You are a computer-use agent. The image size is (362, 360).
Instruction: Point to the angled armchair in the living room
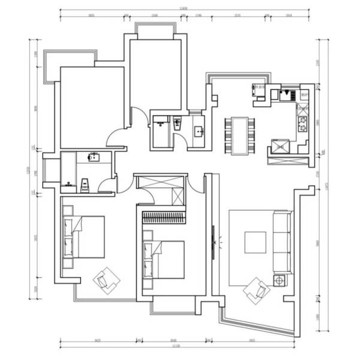257,290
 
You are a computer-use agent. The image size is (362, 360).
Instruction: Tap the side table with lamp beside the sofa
279,280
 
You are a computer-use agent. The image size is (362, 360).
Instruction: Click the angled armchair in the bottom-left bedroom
107,279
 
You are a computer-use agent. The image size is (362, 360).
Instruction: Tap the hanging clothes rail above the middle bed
164,217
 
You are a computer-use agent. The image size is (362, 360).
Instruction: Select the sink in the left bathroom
93,158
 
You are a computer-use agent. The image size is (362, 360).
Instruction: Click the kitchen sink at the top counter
285,94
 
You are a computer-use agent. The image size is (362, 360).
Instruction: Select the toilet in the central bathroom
177,124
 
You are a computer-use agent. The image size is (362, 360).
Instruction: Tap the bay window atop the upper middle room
155,29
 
